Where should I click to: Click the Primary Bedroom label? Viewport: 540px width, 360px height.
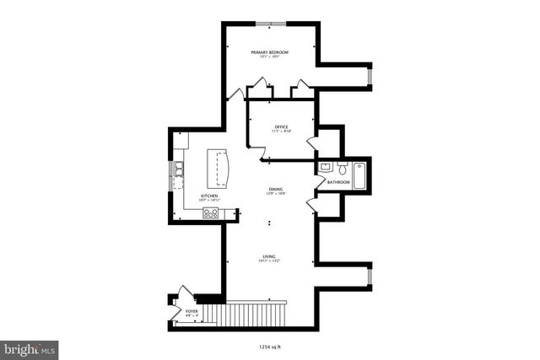coord(270,52)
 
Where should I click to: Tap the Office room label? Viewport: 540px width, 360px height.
coord(280,126)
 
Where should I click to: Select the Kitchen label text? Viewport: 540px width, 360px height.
coord(209,196)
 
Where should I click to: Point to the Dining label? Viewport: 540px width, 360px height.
coord(276,189)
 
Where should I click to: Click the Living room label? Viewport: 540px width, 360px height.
coord(269,256)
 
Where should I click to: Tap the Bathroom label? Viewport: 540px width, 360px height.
coord(338,182)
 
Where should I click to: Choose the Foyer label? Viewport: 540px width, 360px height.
coord(192,311)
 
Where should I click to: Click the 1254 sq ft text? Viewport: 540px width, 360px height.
coord(270,345)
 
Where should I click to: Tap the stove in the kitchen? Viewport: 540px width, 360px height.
coord(210,213)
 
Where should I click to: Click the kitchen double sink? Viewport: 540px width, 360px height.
coord(179,171)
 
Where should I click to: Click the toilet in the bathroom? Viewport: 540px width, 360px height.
coord(343,169)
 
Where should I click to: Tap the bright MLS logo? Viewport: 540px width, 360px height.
coord(30,347)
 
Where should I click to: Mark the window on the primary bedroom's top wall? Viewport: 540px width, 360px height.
coord(270,24)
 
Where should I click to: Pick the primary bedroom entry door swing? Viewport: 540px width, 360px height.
coord(235,92)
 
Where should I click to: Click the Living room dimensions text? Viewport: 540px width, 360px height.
coord(269,261)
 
